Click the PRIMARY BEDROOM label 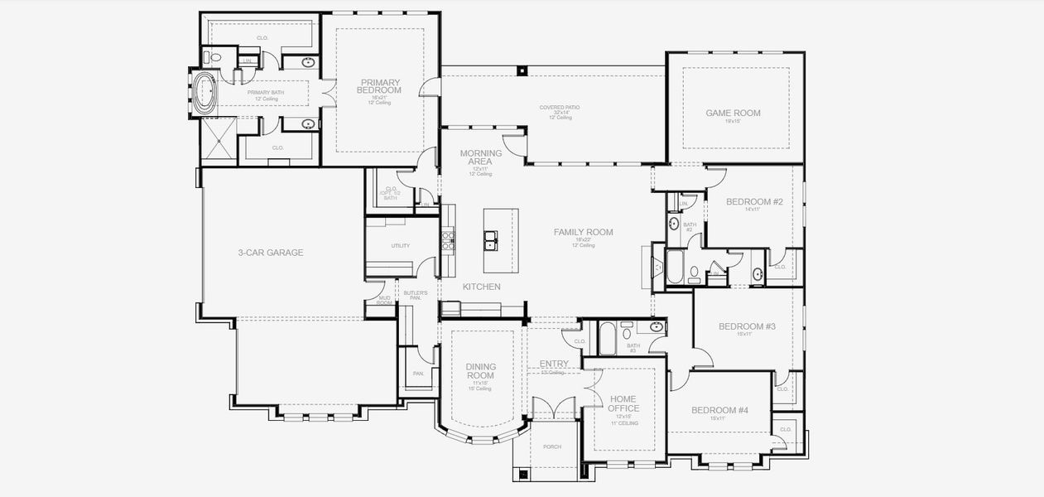point(380,86)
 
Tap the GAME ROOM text point(733,113)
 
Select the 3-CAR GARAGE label point(270,253)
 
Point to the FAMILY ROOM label point(583,233)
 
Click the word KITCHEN point(481,287)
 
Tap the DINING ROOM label point(479,370)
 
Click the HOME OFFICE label point(623,403)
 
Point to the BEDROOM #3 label point(746,326)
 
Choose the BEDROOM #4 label point(719,410)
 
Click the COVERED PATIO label point(556,108)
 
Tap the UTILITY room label point(400,246)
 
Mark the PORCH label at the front point(551,447)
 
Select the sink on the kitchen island point(491,240)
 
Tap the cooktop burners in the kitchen point(448,240)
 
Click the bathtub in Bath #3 point(606,337)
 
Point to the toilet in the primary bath point(214,59)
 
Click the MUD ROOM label point(384,300)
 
